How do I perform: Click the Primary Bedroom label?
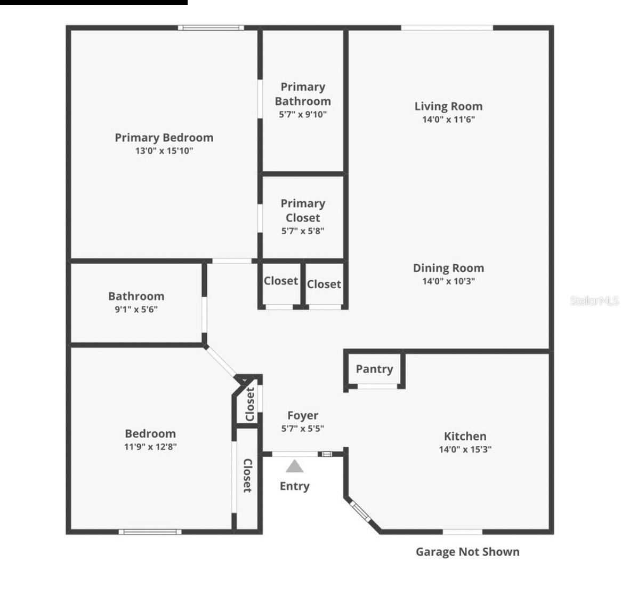click(164, 138)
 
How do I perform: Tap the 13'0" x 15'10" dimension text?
click(164, 151)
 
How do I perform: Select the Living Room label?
click(448, 106)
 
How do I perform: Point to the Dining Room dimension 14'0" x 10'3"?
click(448, 281)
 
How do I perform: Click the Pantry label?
click(374, 369)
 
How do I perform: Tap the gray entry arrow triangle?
click(294, 467)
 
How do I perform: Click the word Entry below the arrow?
click(294, 486)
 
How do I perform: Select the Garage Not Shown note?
click(467, 552)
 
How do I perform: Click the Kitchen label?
click(465, 436)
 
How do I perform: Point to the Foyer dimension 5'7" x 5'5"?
click(303, 429)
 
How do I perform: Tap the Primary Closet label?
click(303, 211)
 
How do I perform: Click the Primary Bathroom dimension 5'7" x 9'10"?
click(303, 114)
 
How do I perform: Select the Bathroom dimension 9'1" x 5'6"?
click(136, 310)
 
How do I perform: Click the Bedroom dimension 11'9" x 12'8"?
click(150, 447)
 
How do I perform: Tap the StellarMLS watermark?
click(594, 301)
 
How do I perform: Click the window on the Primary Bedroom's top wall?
click(211, 28)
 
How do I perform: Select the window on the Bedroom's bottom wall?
click(150, 532)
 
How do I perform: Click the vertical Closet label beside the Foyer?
click(250, 404)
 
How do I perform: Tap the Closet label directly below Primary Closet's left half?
click(281, 281)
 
